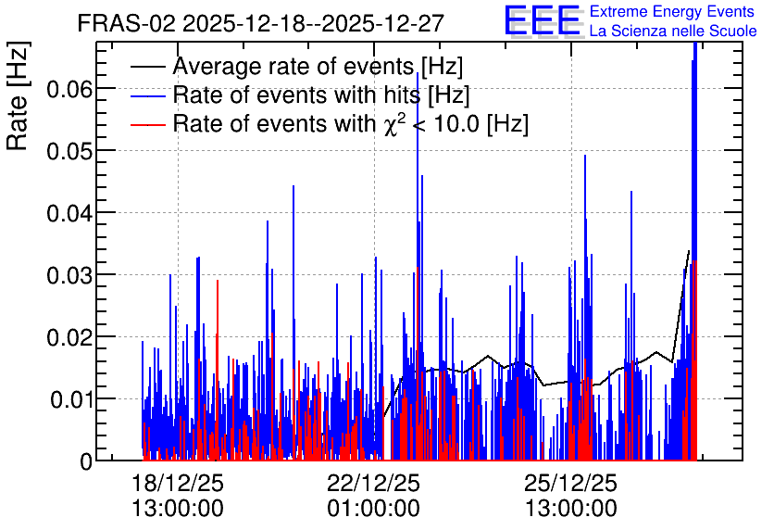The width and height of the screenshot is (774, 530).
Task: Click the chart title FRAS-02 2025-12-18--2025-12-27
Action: [x=261, y=23]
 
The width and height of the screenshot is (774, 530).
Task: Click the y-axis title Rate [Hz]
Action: [x=18, y=96]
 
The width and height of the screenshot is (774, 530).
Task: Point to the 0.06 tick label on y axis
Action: [x=69, y=90]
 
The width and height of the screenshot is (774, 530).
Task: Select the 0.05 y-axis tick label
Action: [x=69, y=151]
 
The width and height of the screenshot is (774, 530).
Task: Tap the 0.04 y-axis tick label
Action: [x=69, y=213]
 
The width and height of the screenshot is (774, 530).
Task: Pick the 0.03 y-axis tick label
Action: [x=69, y=275]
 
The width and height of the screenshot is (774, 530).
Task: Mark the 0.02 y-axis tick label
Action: [x=69, y=338]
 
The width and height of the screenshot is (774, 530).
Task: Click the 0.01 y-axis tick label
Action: [x=70, y=399]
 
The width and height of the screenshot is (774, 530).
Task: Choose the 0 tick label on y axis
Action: [x=86, y=461]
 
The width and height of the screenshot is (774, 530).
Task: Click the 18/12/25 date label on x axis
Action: [x=178, y=483]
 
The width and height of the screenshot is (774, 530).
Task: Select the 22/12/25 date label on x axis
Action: [x=374, y=483]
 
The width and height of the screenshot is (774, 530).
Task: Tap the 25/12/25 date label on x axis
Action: [x=570, y=483]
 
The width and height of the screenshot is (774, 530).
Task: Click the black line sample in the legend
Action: [x=147, y=67]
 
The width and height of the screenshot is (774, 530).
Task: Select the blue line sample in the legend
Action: [x=147, y=95]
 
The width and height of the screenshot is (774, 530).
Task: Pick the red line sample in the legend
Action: [x=147, y=124]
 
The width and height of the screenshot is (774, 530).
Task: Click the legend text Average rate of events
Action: [x=293, y=67]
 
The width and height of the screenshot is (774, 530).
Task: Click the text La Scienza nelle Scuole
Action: [x=673, y=32]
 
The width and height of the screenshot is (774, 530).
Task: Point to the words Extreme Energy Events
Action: [x=672, y=11]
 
